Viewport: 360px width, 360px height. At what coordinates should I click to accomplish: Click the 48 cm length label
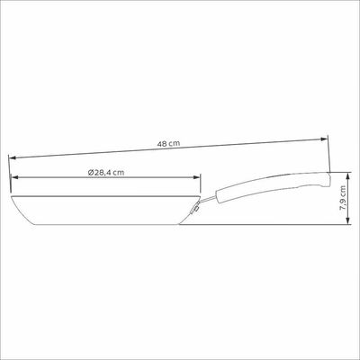tap(168, 143)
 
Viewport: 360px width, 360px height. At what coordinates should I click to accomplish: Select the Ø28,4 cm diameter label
tap(106, 173)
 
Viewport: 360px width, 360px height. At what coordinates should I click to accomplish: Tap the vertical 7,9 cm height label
tap(343, 197)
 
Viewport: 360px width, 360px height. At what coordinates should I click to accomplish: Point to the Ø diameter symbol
tap(90, 173)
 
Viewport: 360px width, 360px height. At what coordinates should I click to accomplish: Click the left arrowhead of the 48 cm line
tap(12, 157)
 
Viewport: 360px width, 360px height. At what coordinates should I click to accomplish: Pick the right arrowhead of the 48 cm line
tap(324, 139)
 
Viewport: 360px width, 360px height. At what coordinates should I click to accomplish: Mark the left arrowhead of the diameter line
tap(14, 177)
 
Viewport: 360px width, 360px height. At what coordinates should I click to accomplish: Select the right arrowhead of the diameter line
tap(196, 177)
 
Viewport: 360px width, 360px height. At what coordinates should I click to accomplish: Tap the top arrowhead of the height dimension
tap(347, 175)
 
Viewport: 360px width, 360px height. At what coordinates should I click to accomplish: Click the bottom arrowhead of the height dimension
tap(347, 220)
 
